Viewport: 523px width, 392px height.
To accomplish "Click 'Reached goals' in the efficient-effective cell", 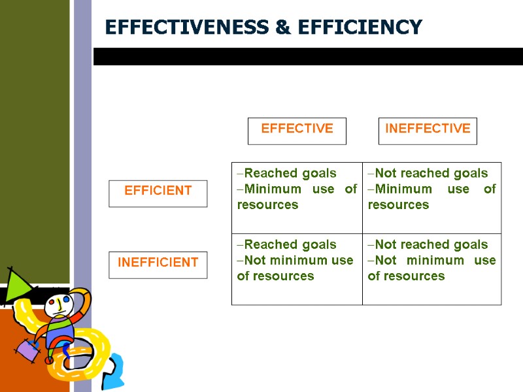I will [290, 173].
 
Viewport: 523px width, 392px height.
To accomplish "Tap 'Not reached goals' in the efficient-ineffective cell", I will [431, 173].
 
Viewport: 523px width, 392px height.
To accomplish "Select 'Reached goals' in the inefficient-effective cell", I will [290, 244].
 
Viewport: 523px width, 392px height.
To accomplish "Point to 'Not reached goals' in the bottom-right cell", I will [431, 244].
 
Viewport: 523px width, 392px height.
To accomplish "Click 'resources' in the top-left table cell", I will [267, 204].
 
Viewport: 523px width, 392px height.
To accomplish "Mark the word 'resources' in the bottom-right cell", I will [406, 276].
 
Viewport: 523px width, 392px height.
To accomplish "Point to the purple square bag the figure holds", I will [27, 350].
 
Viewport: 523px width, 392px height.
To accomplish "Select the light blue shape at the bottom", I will [114, 370].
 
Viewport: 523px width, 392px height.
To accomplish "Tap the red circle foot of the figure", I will [48, 360].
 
